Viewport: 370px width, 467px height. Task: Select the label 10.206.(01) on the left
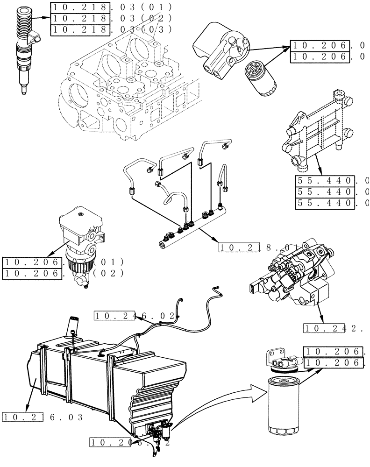pyautogui.click(x=63, y=262)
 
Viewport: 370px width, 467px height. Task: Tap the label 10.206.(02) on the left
pyautogui.click(x=63, y=274)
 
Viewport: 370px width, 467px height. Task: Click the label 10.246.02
pyautogui.click(x=135, y=316)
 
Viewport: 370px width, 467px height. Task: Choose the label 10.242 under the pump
pyautogui.click(x=333, y=328)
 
